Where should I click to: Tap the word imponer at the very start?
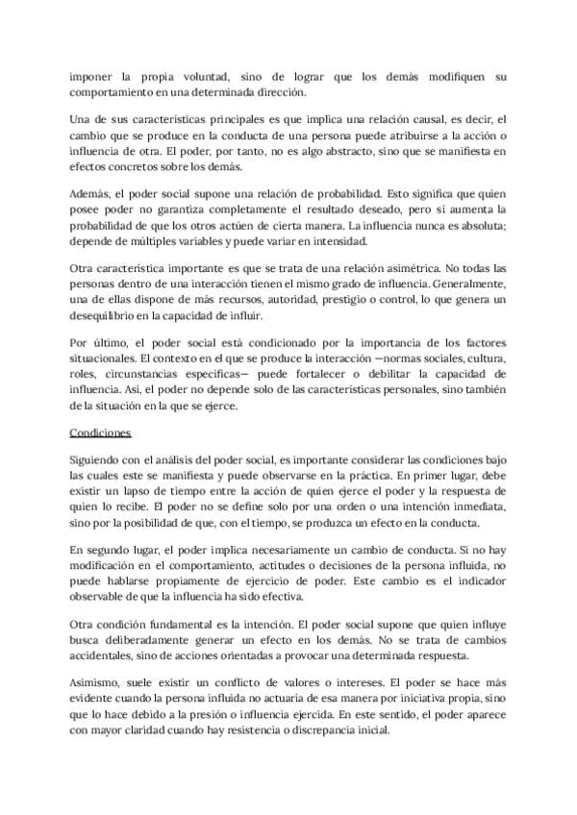click(94, 76)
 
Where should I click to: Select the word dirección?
click(278, 92)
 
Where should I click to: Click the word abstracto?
click(320, 151)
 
